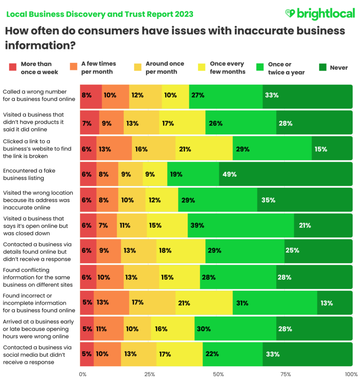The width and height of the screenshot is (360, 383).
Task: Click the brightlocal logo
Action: click(319, 14)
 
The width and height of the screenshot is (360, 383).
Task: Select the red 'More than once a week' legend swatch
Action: click(13, 67)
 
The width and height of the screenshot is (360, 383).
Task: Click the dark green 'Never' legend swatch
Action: click(323, 67)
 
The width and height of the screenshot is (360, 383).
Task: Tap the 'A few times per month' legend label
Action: click(98, 68)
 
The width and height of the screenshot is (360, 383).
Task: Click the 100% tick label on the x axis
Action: click(351, 374)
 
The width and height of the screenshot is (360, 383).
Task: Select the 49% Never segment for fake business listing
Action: click(286, 174)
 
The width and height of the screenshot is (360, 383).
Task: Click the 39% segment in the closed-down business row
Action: click(241, 226)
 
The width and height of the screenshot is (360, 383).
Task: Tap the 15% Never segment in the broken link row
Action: click(332, 148)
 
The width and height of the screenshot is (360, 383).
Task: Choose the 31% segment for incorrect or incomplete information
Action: click(275, 303)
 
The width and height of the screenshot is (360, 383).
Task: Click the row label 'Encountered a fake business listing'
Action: click(29, 174)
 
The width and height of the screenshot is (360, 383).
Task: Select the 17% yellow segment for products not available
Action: click(182, 123)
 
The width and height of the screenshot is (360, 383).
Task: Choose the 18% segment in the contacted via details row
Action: click(181, 251)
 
